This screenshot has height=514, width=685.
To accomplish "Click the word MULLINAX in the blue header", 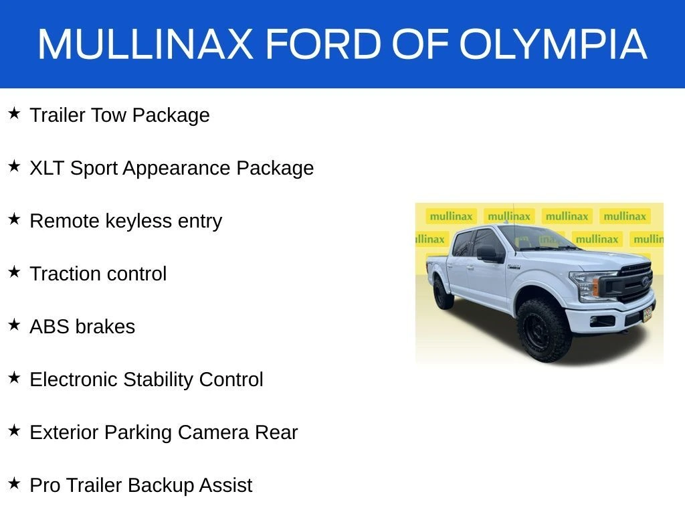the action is click(x=145, y=44).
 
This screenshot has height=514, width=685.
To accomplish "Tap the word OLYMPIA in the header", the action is click(x=553, y=44).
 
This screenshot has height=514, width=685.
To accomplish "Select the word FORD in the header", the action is click(x=324, y=44).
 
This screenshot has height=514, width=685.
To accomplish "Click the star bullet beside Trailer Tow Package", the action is click(x=14, y=114).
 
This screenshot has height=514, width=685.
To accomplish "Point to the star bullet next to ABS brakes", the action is click(x=14, y=325).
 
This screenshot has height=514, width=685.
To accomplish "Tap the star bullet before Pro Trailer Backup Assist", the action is click(x=14, y=483).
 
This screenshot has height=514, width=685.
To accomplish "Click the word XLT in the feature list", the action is click(x=47, y=168).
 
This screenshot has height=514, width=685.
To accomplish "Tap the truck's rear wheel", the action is click(x=443, y=293).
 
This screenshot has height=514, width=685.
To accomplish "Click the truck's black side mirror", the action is click(x=489, y=254).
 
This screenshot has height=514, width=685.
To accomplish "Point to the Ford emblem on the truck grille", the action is click(x=646, y=282).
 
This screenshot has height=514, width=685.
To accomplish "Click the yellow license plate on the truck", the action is click(x=647, y=313).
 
